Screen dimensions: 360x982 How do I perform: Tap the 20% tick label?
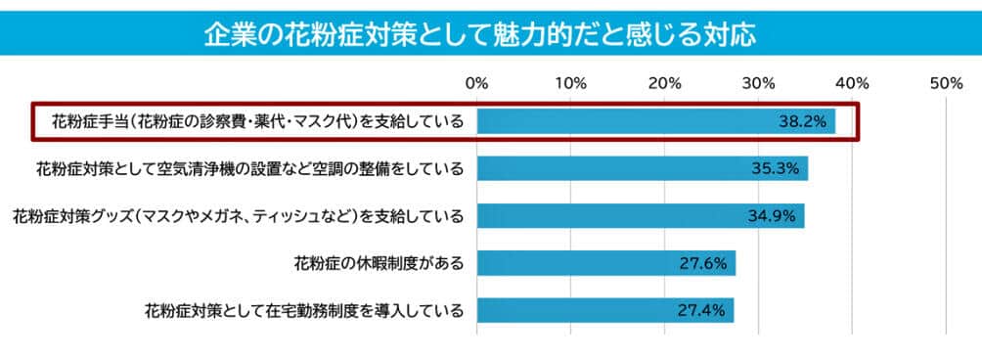665,83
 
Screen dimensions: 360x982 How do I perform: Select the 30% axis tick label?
759,83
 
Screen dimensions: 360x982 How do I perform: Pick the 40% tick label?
853,83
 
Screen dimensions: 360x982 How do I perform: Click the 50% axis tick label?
947,83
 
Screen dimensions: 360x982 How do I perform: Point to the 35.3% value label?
776,169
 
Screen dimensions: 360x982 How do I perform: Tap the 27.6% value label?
703,263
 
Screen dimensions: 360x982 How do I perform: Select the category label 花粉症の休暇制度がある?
378,263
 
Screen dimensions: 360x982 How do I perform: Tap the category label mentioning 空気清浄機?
248,169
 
